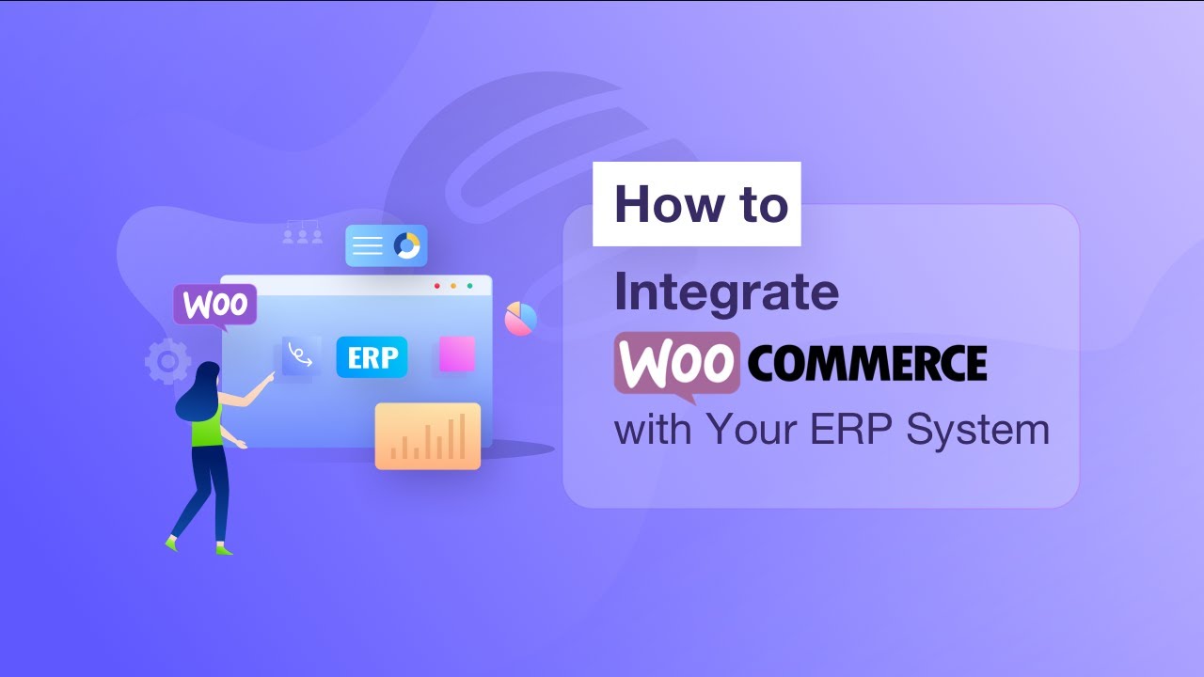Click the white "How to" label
pyautogui.click(x=697, y=204)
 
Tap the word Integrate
pyautogui.click(x=726, y=291)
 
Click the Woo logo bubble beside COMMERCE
pyautogui.click(x=677, y=362)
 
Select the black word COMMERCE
pyautogui.click(x=867, y=362)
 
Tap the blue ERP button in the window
pyautogui.click(x=372, y=357)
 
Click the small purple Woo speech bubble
pyautogui.click(x=215, y=305)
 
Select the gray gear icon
pyautogui.click(x=167, y=361)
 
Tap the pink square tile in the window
pyautogui.click(x=457, y=354)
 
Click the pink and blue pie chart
pyautogui.click(x=520, y=319)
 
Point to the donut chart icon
pyautogui.click(x=407, y=245)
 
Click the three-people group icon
pyautogui.click(x=303, y=233)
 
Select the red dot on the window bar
pyautogui.click(x=436, y=285)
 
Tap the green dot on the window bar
pyautogui.click(x=469, y=285)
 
